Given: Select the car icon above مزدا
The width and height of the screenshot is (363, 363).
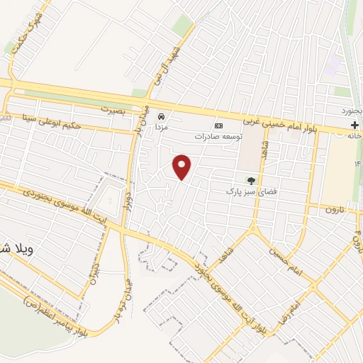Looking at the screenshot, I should coord(162,116).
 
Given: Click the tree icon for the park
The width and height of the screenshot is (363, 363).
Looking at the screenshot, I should coord(250,179).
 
